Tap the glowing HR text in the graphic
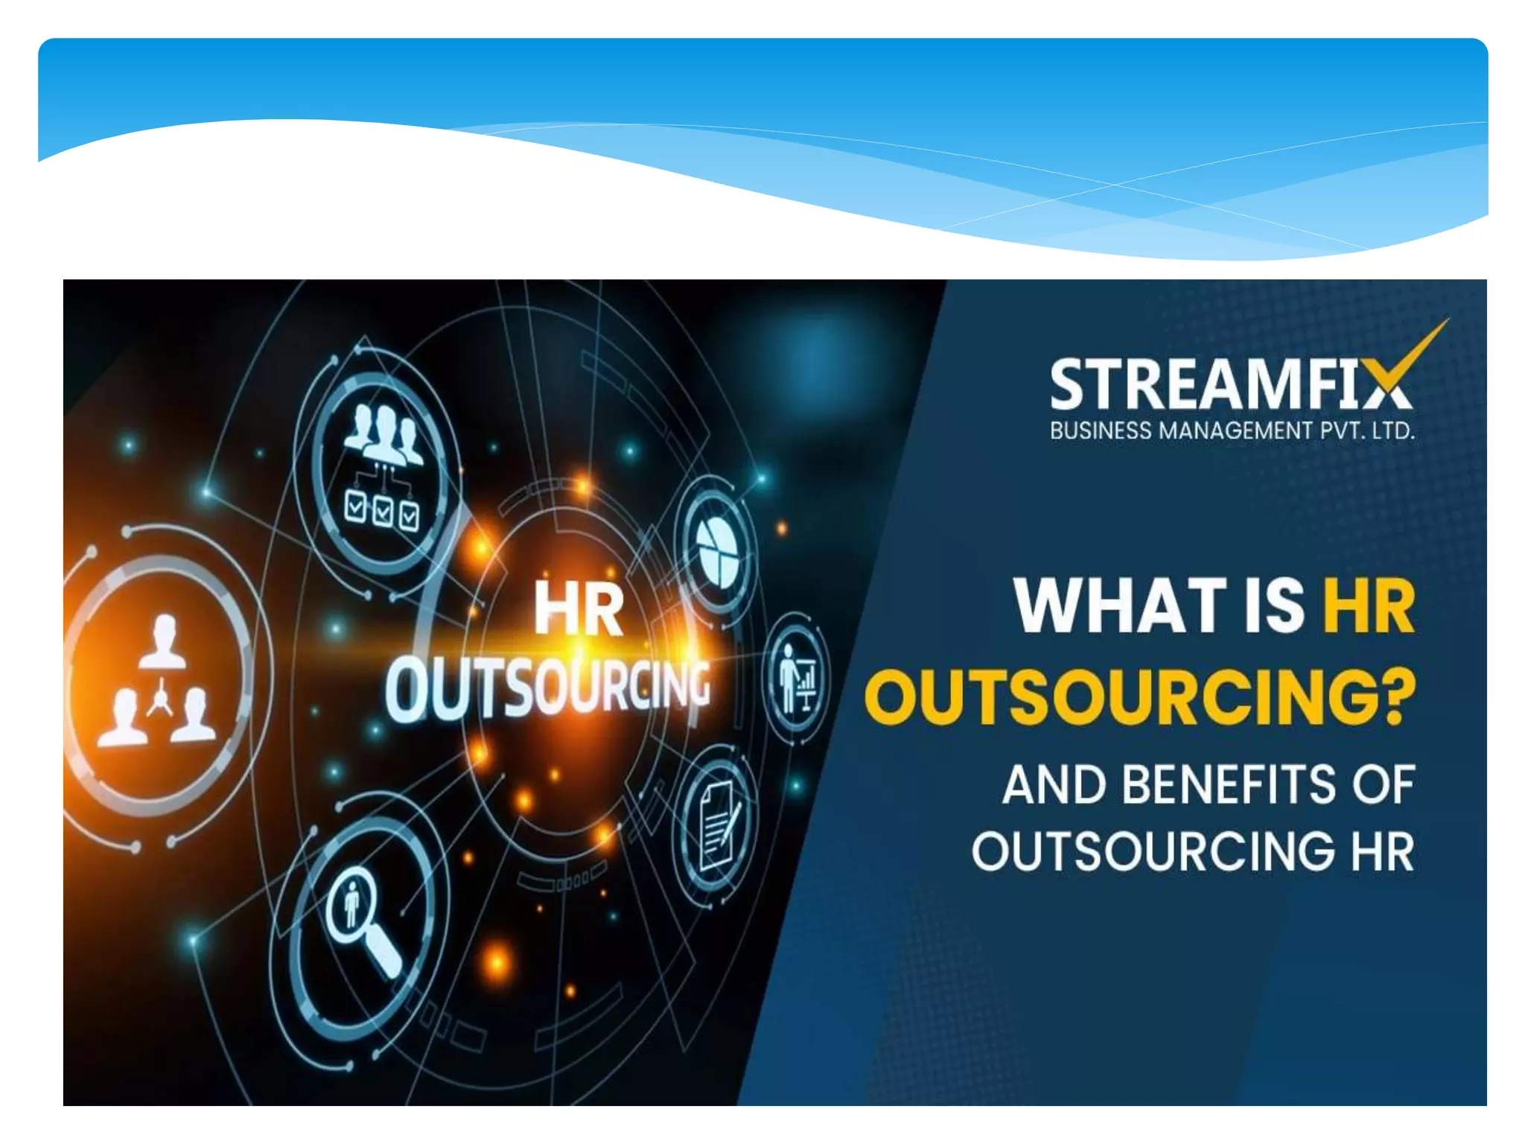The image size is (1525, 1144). [x=579, y=611]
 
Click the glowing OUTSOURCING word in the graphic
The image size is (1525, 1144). [x=547, y=689]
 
